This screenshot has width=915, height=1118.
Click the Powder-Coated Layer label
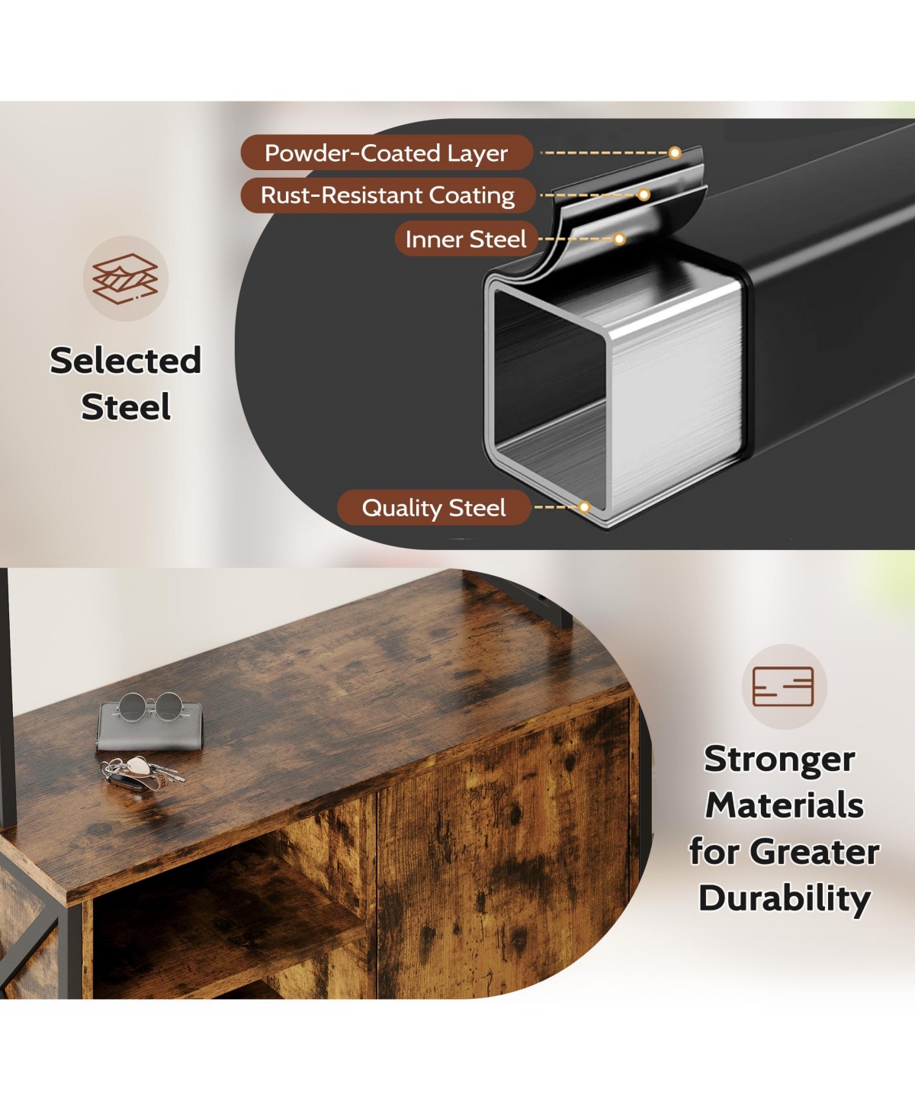[x=387, y=153]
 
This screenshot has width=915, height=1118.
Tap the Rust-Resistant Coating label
[x=387, y=195]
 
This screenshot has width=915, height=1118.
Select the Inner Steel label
[x=466, y=239]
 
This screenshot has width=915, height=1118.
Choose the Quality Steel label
[x=434, y=507]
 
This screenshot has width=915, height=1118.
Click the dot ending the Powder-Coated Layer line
[x=674, y=153]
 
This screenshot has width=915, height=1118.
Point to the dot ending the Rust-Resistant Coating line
[x=644, y=194]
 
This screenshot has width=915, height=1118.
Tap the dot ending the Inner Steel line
[x=618, y=239]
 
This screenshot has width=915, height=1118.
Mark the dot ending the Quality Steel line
[x=583, y=507]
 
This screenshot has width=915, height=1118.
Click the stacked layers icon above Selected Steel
[x=125, y=278]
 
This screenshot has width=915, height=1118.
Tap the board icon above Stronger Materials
[x=783, y=686]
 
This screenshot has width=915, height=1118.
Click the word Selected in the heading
[x=126, y=361]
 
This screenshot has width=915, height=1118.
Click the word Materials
[x=785, y=805]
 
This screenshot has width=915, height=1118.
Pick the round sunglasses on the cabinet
[x=149, y=707]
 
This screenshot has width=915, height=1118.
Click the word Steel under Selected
[x=126, y=407]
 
